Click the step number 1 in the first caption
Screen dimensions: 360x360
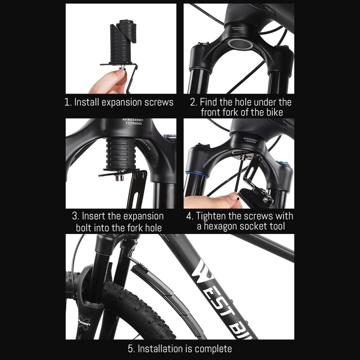(x=67, y=102)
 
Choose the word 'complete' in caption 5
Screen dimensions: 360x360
(x=211, y=348)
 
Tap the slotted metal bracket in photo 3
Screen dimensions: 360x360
(x=136, y=189)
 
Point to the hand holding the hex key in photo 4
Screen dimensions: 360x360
(x=209, y=201)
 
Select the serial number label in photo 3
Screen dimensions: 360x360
(x=131, y=122)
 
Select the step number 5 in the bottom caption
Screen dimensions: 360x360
(x=130, y=348)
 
